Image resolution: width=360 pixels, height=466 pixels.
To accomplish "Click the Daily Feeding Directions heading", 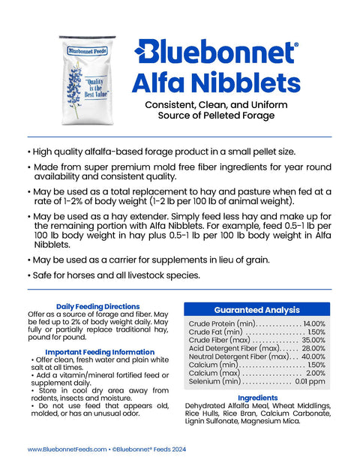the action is (97, 306).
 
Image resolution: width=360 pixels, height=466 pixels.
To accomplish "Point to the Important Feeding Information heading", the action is (99, 352).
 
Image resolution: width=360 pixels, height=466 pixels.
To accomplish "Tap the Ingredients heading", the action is (257, 398).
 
